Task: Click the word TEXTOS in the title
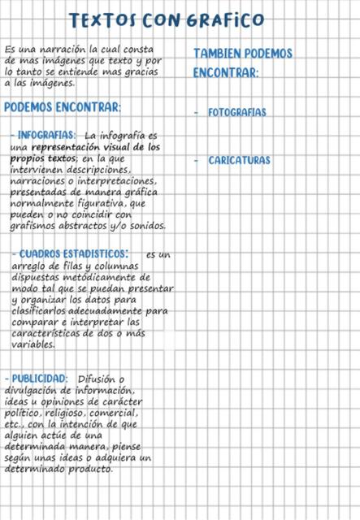point(104,19)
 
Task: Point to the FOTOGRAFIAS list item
point(236,112)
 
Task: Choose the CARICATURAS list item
point(239,161)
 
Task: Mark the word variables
point(33,344)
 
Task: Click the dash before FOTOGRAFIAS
point(197,112)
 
